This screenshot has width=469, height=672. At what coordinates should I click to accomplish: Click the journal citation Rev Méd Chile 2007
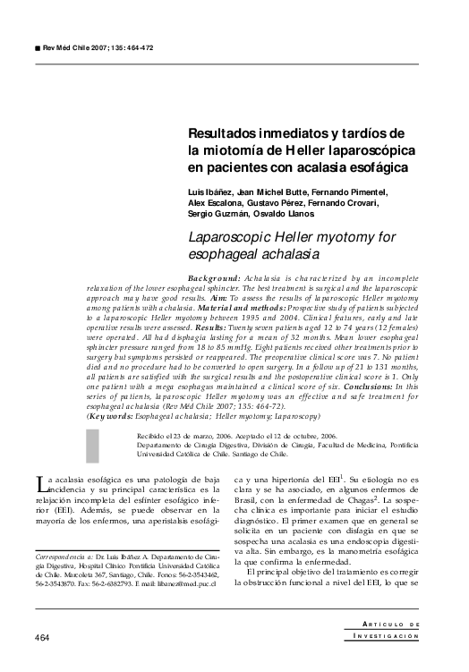pyautogui.click(x=79, y=46)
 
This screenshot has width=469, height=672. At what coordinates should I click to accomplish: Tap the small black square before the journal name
pyautogui.click(x=35, y=46)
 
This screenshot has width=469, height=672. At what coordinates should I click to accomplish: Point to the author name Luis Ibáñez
pyautogui.click(x=208, y=192)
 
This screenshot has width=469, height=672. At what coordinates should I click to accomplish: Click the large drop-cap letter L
pyautogui.click(x=41, y=486)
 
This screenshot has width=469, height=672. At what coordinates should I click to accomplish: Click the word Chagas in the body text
pyautogui.click(x=354, y=504)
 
